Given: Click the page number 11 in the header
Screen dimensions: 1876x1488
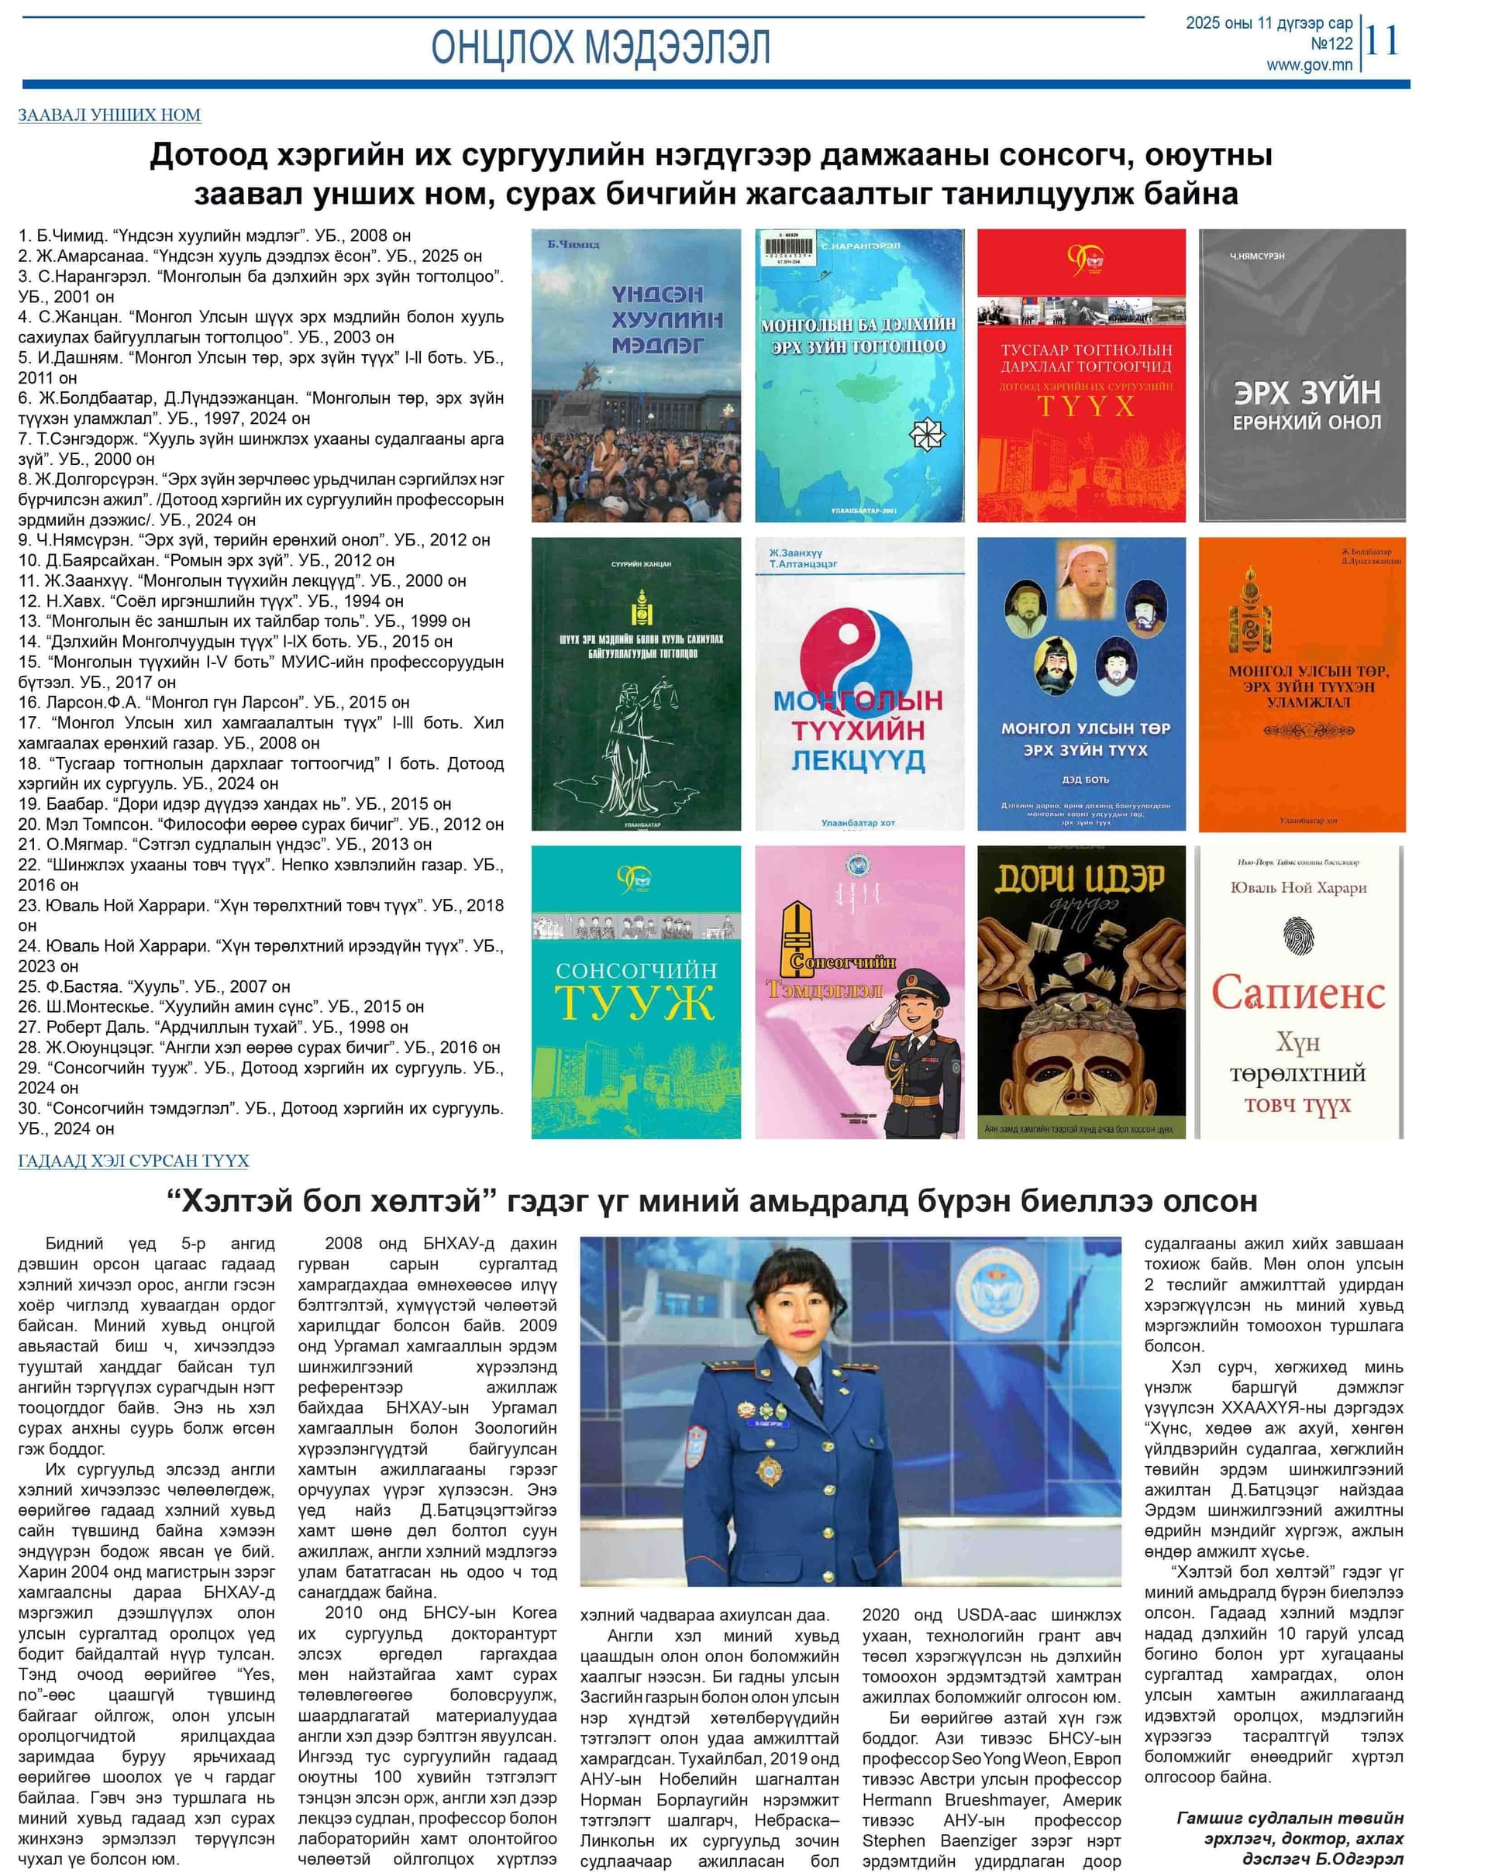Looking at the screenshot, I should pyautogui.click(x=1382, y=40).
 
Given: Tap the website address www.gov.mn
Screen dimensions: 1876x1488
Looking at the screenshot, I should pyautogui.click(x=1309, y=65).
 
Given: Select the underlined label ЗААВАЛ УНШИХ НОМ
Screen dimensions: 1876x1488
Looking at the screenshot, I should pyautogui.click(x=109, y=115).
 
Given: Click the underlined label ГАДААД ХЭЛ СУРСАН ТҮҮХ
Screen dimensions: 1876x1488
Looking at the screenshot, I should pyautogui.click(x=133, y=1161).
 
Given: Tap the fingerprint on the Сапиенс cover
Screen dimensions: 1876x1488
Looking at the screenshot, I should pyautogui.click(x=1297, y=935).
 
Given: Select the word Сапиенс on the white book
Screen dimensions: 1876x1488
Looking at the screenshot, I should pyautogui.click(x=1297, y=992).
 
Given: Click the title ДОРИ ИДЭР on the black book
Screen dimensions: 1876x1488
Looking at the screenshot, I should pyautogui.click(x=1080, y=878).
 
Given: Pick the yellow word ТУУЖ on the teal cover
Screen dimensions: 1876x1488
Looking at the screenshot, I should pyautogui.click(x=635, y=1003).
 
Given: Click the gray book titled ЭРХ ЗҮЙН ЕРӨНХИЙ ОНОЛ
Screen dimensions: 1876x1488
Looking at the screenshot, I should pyautogui.click(x=1302, y=376).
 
